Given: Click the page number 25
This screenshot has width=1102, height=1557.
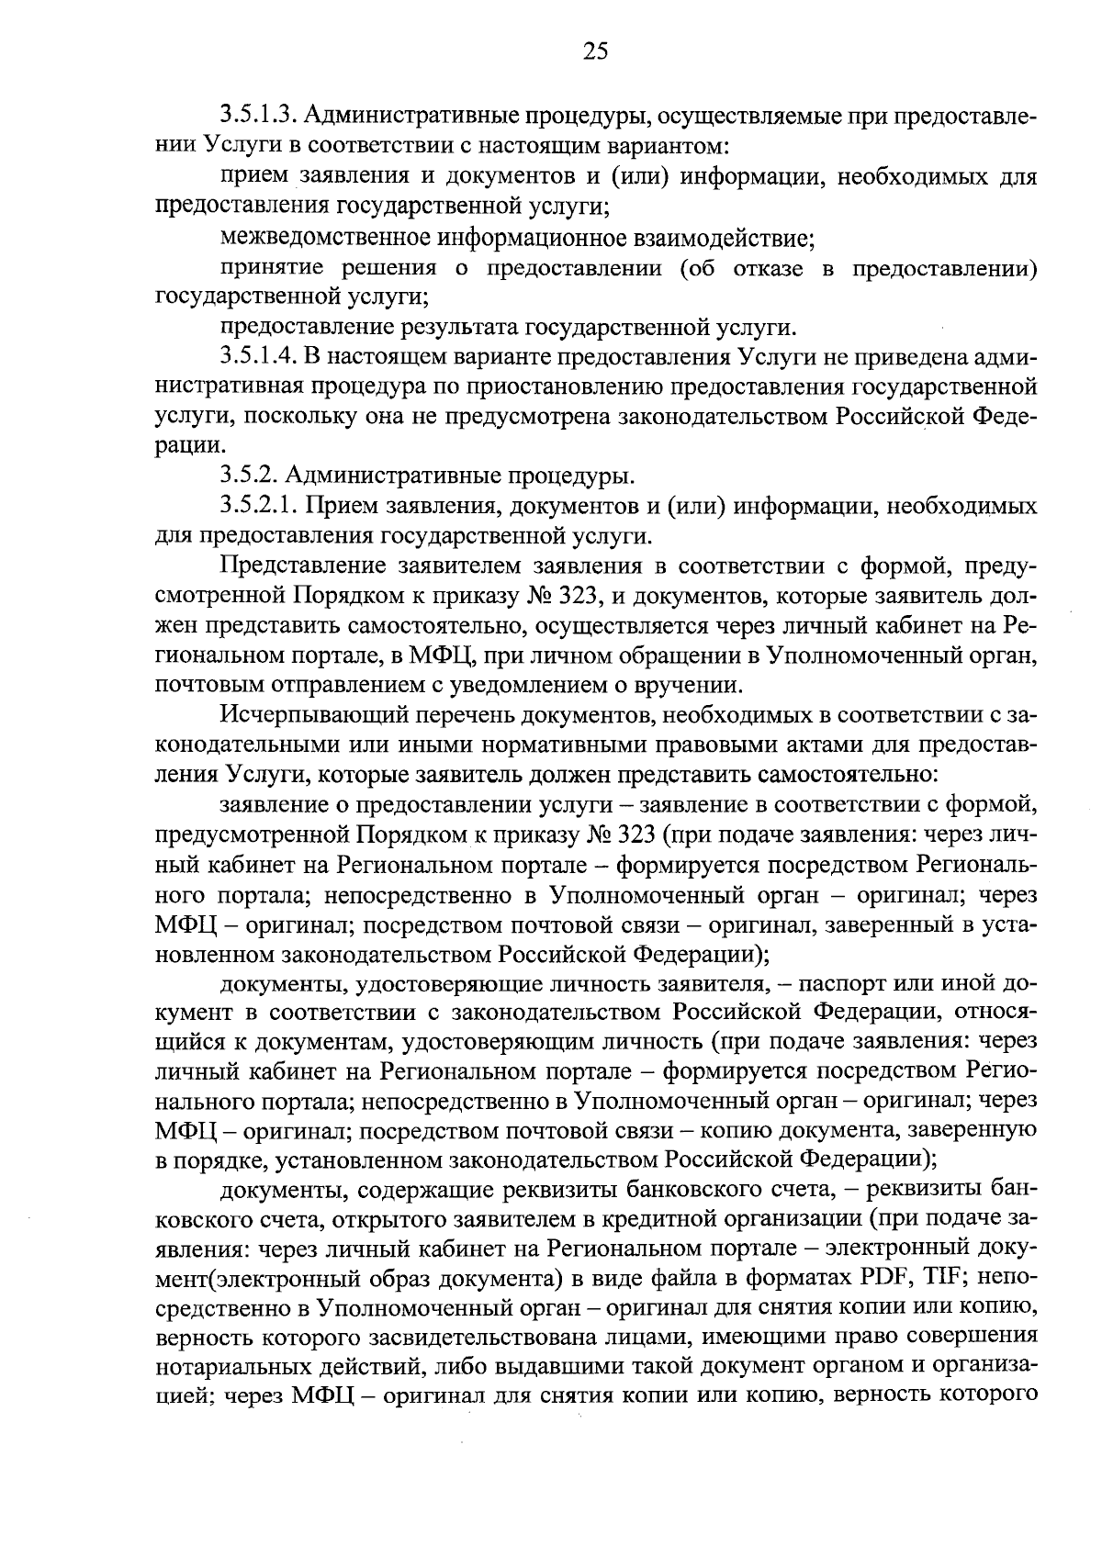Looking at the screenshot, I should click(x=595, y=50).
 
